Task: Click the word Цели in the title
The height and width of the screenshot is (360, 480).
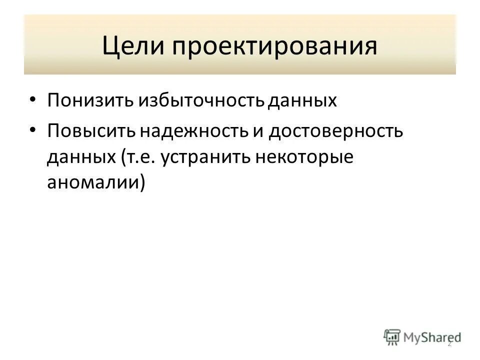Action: click(x=133, y=45)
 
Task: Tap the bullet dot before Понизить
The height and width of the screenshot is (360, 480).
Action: click(x=32, y=100)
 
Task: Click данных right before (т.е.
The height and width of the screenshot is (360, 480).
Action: click(x=81, y=157)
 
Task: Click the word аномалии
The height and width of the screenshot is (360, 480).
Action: click(x=92, y=183)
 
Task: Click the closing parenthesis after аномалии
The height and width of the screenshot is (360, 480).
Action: click(x=142, y=183)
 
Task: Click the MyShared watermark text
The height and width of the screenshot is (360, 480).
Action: click(x=430, y=337)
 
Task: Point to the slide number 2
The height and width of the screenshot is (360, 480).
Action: click(x=449, y=343)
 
